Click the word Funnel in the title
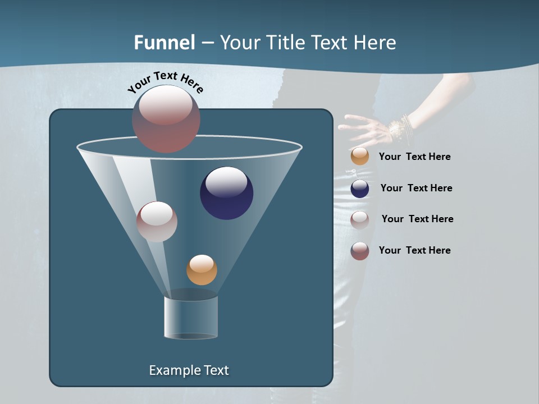[164, 43]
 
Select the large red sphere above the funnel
[166, 118]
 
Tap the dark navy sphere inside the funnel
[226, 193]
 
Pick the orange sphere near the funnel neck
[202, 270]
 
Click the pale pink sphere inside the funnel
[157, 222]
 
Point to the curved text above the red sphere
[165, 81]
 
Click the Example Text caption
[189, 370]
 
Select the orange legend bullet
[360, 157]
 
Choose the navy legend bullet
[360, 189]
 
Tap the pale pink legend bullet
[360, 219]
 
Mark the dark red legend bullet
[360, 251]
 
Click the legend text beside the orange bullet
[414, 157]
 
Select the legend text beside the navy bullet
[416, 188]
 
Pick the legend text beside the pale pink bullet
[417, 219]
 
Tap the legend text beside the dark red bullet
[414, 250]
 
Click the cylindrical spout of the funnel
[191, 317]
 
